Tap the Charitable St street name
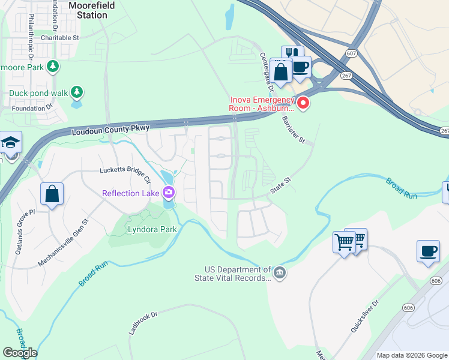[x=60, y=37]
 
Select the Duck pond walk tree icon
[x=76, y=92]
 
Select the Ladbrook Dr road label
[x=142, y=322]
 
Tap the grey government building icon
[x=279, y=274]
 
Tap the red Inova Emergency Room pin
[x=304, y=103]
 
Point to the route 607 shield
[x=351, y=54]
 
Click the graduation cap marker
[x=11, y=143]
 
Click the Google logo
[x=20, y=353]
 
